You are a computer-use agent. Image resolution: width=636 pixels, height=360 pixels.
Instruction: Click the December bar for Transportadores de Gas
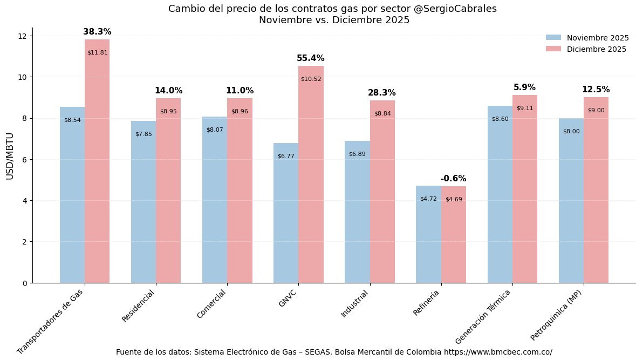coord(97,162)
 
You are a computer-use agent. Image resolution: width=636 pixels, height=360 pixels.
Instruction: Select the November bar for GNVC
coord(286,216)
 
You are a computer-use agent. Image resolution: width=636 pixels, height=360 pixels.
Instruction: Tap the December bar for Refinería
coord(454,237)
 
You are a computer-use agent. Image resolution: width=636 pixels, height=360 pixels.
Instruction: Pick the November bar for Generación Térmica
coord(500,200)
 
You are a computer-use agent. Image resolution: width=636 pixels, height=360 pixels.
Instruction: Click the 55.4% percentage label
coord(311,58)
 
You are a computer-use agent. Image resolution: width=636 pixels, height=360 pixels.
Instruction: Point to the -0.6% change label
coord(453,179)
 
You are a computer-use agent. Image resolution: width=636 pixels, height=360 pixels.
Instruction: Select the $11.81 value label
coord(97,52)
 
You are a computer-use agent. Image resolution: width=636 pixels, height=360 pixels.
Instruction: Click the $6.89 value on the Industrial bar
coord(357,154)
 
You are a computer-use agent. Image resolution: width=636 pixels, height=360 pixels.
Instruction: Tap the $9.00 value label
coord(596,110)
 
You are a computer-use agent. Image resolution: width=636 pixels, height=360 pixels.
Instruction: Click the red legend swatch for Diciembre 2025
coord(553,49)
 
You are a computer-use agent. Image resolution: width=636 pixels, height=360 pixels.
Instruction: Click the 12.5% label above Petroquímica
coord(596,90)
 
